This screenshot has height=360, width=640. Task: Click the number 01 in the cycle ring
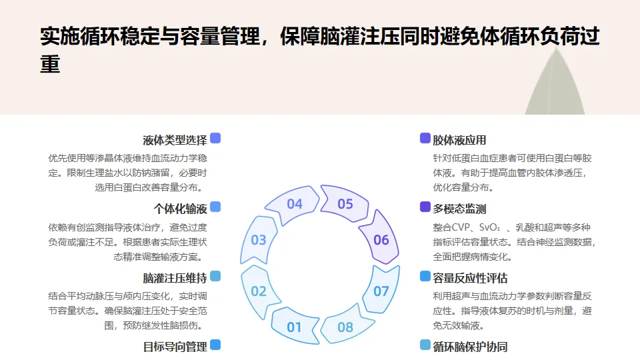294,327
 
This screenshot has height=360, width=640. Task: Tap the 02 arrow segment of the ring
259,291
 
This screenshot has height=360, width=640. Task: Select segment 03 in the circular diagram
259,240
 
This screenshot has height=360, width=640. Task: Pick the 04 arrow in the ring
295,204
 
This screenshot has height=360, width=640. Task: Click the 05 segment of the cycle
345,204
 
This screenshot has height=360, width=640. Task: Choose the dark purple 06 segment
381,240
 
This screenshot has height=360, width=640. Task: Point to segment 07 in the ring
381,291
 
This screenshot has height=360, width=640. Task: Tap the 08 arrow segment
345,327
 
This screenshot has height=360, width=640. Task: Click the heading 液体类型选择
175,140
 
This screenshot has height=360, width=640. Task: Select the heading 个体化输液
180,209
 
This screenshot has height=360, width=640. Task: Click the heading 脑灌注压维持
175,277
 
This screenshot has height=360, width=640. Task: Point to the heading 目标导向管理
175,346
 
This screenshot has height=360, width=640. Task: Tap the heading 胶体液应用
459,140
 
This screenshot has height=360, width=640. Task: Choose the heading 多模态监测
459,209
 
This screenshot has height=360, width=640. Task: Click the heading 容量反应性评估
470,277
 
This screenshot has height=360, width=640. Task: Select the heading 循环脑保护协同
470,346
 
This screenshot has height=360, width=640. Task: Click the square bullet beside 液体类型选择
215,138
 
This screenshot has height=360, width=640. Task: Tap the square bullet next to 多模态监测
425,207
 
